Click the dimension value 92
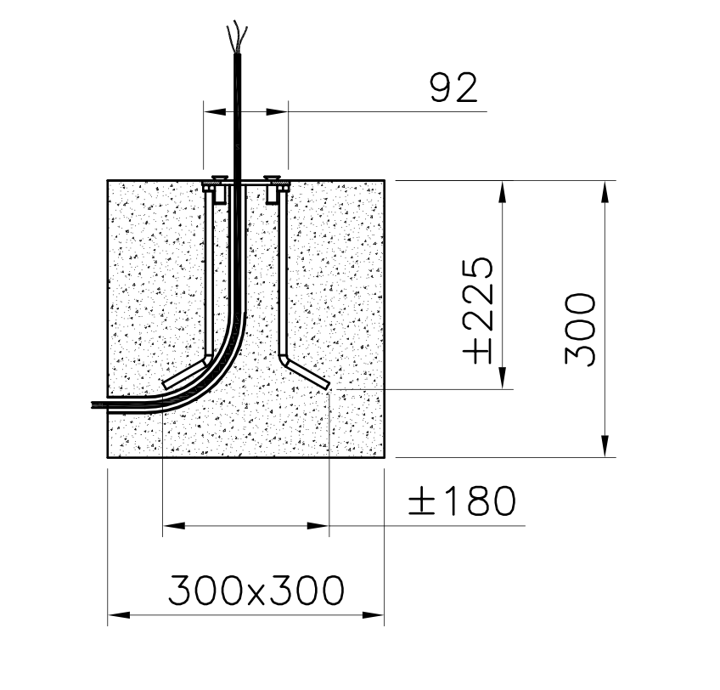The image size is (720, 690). [453, 88]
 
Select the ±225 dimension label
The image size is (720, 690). [480, 309]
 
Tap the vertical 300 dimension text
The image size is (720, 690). [581, 329]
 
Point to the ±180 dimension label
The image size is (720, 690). [462, 502]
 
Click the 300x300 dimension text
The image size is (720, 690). [256, 590]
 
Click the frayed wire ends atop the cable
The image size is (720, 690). [237, 38]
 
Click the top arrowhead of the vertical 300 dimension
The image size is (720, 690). [605, 190]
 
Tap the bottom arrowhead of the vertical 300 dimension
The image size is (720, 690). [605, 448]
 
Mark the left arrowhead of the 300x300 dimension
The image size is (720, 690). [117, 614]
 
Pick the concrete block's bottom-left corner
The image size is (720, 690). [108, 458]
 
